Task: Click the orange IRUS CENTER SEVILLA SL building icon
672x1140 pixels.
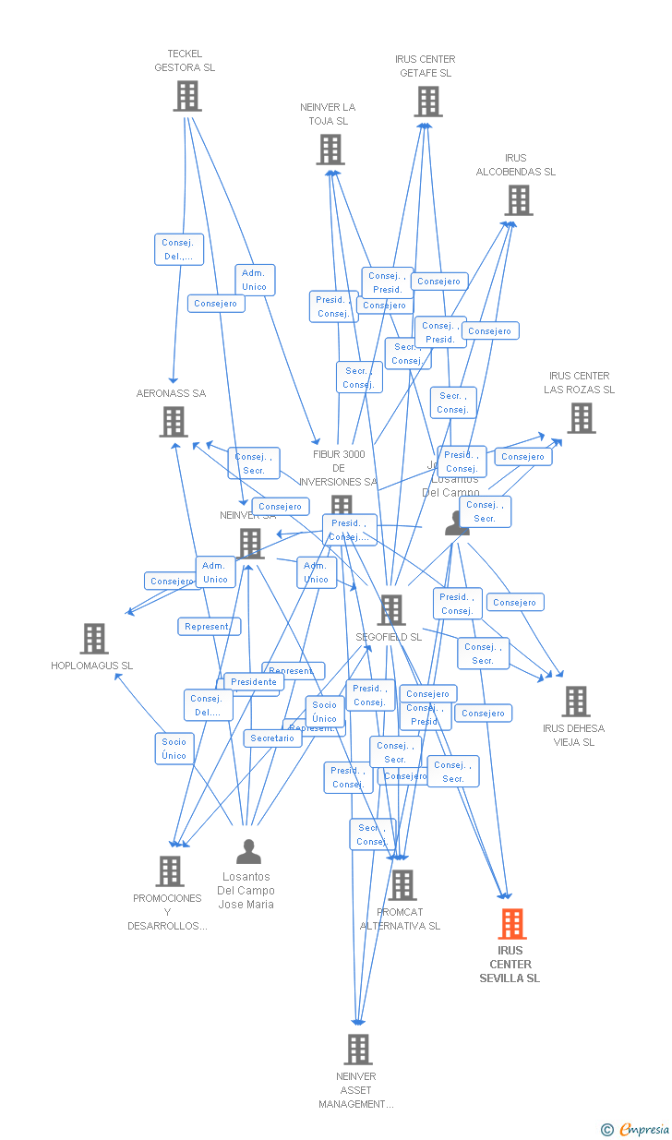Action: click(x=512, y=923)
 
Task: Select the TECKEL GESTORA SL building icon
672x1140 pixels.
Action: click(x=186, y=96)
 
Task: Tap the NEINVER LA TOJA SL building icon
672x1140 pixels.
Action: click(x=330, y=150)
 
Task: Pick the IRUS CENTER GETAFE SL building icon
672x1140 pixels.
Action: click(x=428, y=102)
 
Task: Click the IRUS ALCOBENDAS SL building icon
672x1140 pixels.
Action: click(x=518, y=200)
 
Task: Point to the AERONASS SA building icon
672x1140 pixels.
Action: click(x=173, y=422)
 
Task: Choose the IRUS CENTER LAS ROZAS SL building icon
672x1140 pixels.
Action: click(x=581, y=418)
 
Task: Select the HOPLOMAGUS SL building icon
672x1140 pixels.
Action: click(x=93, y=639)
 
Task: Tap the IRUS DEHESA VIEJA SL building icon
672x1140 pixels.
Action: click(x=575, y=702)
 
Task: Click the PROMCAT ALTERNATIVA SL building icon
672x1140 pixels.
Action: click(x=402, y=885)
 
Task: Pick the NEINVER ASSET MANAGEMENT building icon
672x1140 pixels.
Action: click(x=358, y=1050)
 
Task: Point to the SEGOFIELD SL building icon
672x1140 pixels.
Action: click(x=391, y=610)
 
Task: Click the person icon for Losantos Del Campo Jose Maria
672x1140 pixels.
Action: click(x=248, y=851)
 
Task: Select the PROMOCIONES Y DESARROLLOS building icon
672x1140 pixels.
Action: click(x=170, y=871)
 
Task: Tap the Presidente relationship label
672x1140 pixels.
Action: click(x=254, y=682)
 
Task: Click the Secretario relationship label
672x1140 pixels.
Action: click(x=272, y=738)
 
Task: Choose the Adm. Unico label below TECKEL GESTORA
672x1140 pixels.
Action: click(x=254, y=280)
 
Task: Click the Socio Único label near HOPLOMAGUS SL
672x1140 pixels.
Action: click(x=174, y=749)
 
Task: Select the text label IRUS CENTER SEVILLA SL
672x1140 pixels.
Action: click(x=510, y=965)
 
